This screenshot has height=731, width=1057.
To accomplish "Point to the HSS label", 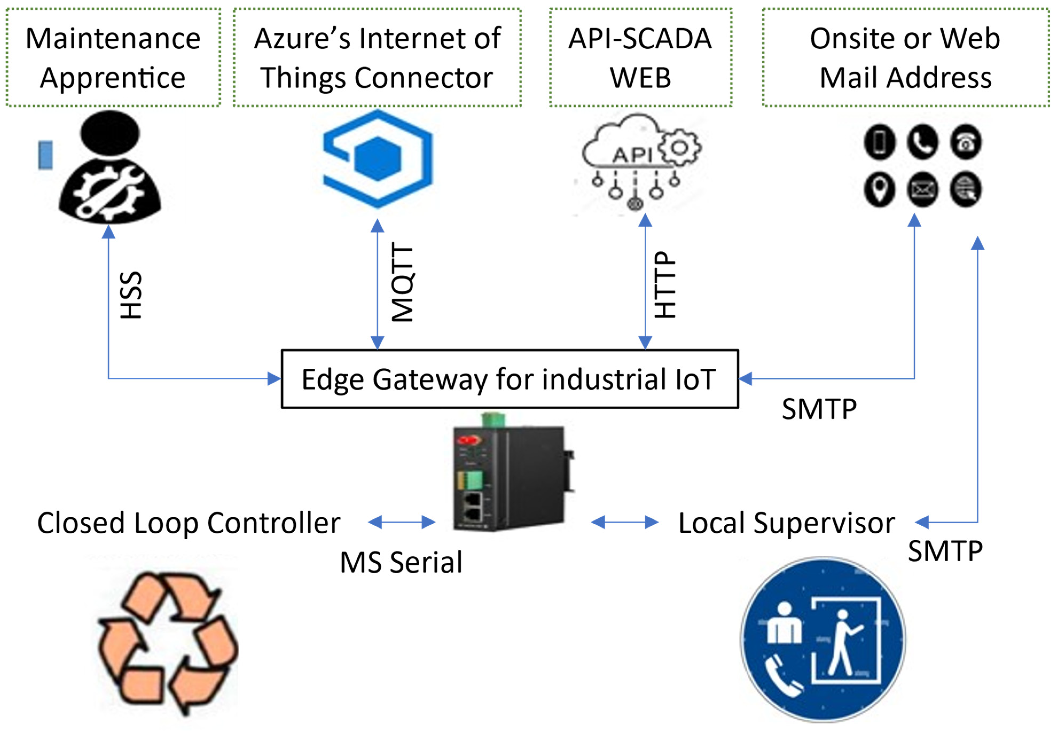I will pos(131,295).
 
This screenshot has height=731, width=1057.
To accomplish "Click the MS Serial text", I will pos(401,562).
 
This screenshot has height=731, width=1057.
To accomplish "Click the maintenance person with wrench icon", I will pos(110,169).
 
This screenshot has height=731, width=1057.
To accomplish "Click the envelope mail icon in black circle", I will pos(922,190).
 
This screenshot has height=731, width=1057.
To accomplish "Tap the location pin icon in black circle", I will pos(879,190).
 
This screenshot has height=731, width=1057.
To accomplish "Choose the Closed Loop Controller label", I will pos(189,523).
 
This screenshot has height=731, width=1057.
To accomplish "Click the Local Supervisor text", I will pos(786,523).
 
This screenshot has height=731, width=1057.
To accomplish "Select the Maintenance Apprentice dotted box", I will pos(113,57).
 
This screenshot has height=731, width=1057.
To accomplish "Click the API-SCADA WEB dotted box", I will pos(640,57).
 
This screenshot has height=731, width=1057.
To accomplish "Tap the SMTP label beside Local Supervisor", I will pos(945,551).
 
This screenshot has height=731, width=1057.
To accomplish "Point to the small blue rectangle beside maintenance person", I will pos(45,155).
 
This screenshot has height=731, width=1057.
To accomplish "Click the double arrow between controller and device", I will pos(401,522).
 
